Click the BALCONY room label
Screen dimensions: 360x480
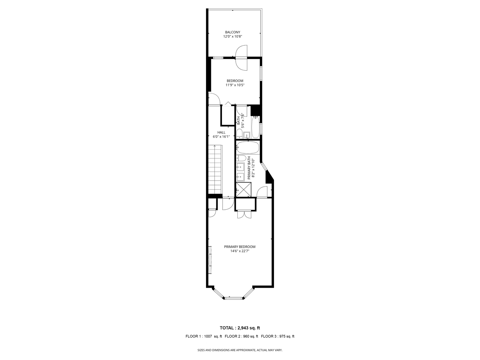232,32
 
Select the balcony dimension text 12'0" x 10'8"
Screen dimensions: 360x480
232,37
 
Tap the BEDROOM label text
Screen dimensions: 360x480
235,81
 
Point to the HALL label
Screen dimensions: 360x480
221,132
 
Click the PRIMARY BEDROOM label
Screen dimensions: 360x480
240,247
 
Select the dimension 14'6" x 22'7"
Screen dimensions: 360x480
240,251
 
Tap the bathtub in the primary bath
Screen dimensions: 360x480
248,147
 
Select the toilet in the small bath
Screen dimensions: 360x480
239,134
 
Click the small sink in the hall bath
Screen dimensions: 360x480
247,135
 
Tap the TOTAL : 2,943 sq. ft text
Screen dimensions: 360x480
240,328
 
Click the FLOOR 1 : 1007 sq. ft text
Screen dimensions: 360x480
204,336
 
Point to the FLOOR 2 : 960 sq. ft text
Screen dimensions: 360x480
241,336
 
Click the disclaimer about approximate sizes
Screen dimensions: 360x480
240,350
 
